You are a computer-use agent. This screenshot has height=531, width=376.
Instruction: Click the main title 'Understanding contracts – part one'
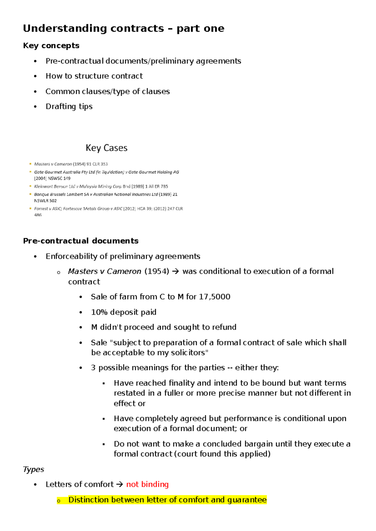click(x=123, y=28)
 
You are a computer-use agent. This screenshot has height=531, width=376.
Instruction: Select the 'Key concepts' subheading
click(x=51, y=46)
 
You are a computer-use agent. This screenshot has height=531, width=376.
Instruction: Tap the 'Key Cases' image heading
click(x=107, y=148)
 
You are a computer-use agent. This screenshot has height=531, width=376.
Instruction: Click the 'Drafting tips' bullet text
click(x=69, y=106)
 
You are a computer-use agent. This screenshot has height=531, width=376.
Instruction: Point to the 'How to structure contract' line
click(x=94, y=76)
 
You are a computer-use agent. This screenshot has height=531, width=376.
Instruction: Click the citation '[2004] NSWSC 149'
click(x=52, y=178)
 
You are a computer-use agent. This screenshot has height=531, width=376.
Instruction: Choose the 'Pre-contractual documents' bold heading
click(x=81, y=241)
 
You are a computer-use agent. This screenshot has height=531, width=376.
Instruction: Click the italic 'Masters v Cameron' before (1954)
click(x=104, y=271)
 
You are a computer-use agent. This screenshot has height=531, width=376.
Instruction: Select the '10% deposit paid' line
click(x=123, y=312)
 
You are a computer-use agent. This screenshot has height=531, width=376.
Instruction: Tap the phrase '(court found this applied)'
click(x=222, y=454)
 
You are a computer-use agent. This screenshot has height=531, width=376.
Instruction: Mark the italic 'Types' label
click(x=33, y=469)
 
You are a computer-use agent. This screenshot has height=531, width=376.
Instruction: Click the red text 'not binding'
click(x=147, y=484)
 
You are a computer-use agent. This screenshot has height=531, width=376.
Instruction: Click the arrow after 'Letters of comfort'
click(x=120, y=485)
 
